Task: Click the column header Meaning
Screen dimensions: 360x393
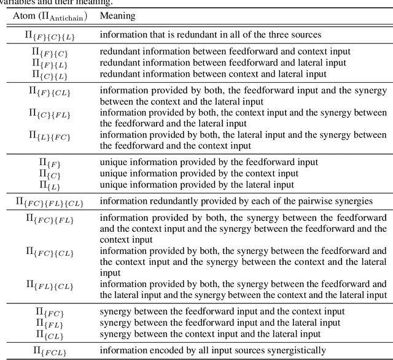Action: pos(117,15)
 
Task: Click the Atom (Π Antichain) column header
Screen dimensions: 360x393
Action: pos(50,16)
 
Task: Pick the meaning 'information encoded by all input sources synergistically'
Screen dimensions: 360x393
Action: pos(212,351)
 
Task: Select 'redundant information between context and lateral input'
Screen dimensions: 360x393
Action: pos(212,74)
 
